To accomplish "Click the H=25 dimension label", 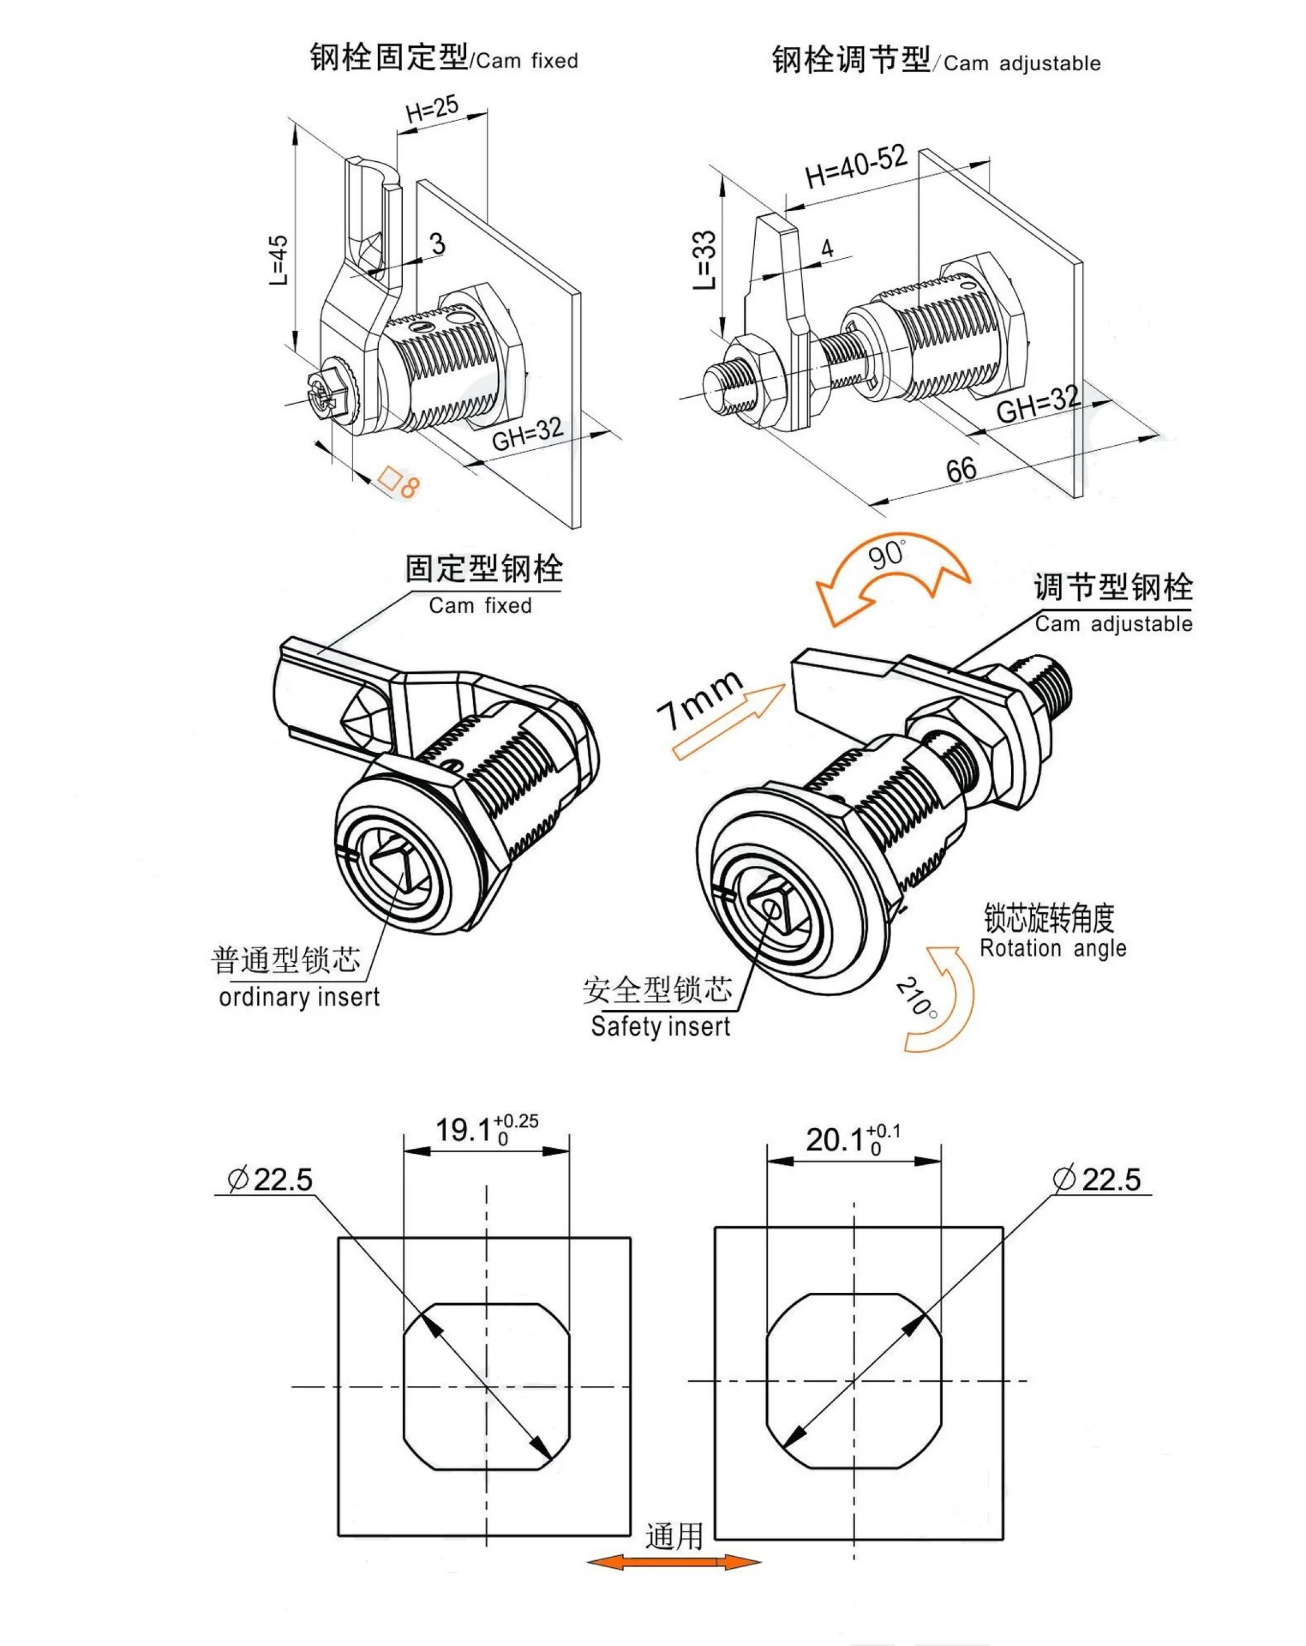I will [432, 109].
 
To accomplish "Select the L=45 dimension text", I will [279, 259].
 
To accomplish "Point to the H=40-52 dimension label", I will [856, 166].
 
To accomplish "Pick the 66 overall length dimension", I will [961, 469].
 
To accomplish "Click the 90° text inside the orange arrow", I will [887, 556].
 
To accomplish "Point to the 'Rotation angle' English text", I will [1052, 949].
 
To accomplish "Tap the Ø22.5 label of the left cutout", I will [270, 1180].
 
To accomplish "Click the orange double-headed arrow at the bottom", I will [673, 1562].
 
